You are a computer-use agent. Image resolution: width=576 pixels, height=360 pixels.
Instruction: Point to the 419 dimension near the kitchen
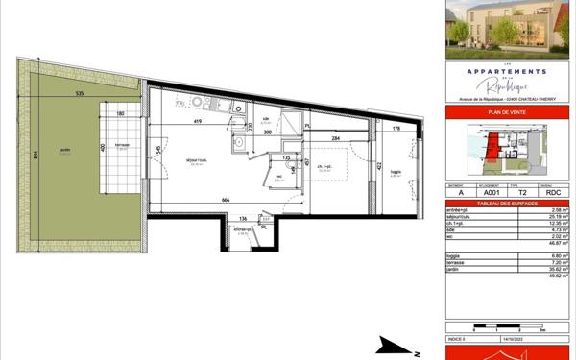(x=196, y=122)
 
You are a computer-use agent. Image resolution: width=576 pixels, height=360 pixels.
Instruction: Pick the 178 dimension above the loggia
(x=396, y=127)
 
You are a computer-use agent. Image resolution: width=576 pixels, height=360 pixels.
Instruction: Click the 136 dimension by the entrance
(x=244, y=218)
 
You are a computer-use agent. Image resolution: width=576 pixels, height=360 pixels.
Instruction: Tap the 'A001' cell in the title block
(x=492, y=193)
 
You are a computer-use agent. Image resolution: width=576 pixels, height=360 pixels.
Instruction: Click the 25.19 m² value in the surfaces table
(x=556, y=217)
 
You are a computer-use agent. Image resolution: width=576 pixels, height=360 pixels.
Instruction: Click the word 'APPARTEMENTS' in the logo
(x=505, y=71)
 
